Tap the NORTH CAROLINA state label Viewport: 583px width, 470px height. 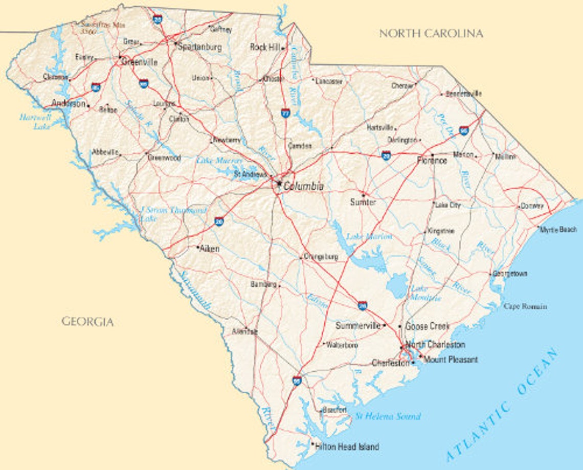coord(431,34)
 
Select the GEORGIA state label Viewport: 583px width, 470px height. coord(87,322)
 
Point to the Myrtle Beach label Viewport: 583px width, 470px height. coord(559,230)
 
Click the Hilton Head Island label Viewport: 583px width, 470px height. coord(347,447)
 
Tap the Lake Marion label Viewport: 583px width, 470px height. coord(369,236)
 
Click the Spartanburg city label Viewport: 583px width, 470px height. coord(199,47)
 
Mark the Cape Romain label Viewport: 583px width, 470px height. coord(525,306)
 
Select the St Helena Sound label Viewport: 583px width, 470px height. coord(388,416)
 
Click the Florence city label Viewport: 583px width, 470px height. coord(432,161)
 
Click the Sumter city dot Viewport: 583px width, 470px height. coord(363,194)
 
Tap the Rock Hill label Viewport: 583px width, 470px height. coord(265,47)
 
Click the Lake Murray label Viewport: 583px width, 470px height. coord(219,161)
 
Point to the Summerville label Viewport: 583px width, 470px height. coord(358,326)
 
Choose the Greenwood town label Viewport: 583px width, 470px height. coord(164,158)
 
